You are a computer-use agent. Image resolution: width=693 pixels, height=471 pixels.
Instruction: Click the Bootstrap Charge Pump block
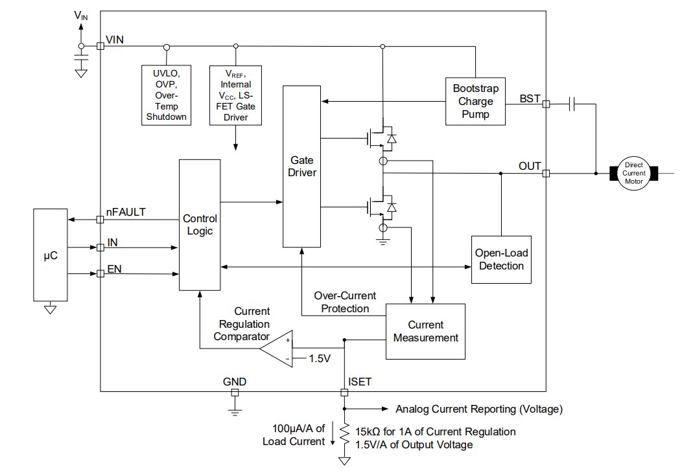(475, 101)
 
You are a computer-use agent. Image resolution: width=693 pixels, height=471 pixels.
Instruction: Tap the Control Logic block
(199, 224)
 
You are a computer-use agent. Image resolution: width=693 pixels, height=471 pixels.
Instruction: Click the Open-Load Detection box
(500, 259)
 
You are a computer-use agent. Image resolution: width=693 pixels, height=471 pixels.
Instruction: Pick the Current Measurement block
(426, 331)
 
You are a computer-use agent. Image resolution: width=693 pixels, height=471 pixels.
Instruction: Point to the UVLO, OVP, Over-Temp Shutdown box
(167, 95)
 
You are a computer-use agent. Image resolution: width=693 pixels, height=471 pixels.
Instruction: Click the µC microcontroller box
(49, 255)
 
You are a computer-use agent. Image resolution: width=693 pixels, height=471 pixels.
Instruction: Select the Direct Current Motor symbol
(633, 174)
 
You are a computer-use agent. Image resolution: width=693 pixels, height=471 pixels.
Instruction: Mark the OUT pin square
(546, 174)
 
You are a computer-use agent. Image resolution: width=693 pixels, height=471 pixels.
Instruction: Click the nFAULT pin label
(126, 211)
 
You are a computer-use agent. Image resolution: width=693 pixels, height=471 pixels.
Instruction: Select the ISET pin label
(360, 382)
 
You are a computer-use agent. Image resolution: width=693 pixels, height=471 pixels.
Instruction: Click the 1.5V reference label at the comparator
(318, 358)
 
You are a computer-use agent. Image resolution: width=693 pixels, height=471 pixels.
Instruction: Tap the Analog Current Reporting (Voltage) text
(478, 409)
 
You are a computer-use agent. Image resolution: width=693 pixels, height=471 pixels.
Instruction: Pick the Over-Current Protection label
(345, 302)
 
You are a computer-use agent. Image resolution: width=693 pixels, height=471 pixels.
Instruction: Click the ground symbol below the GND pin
(235, 409)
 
